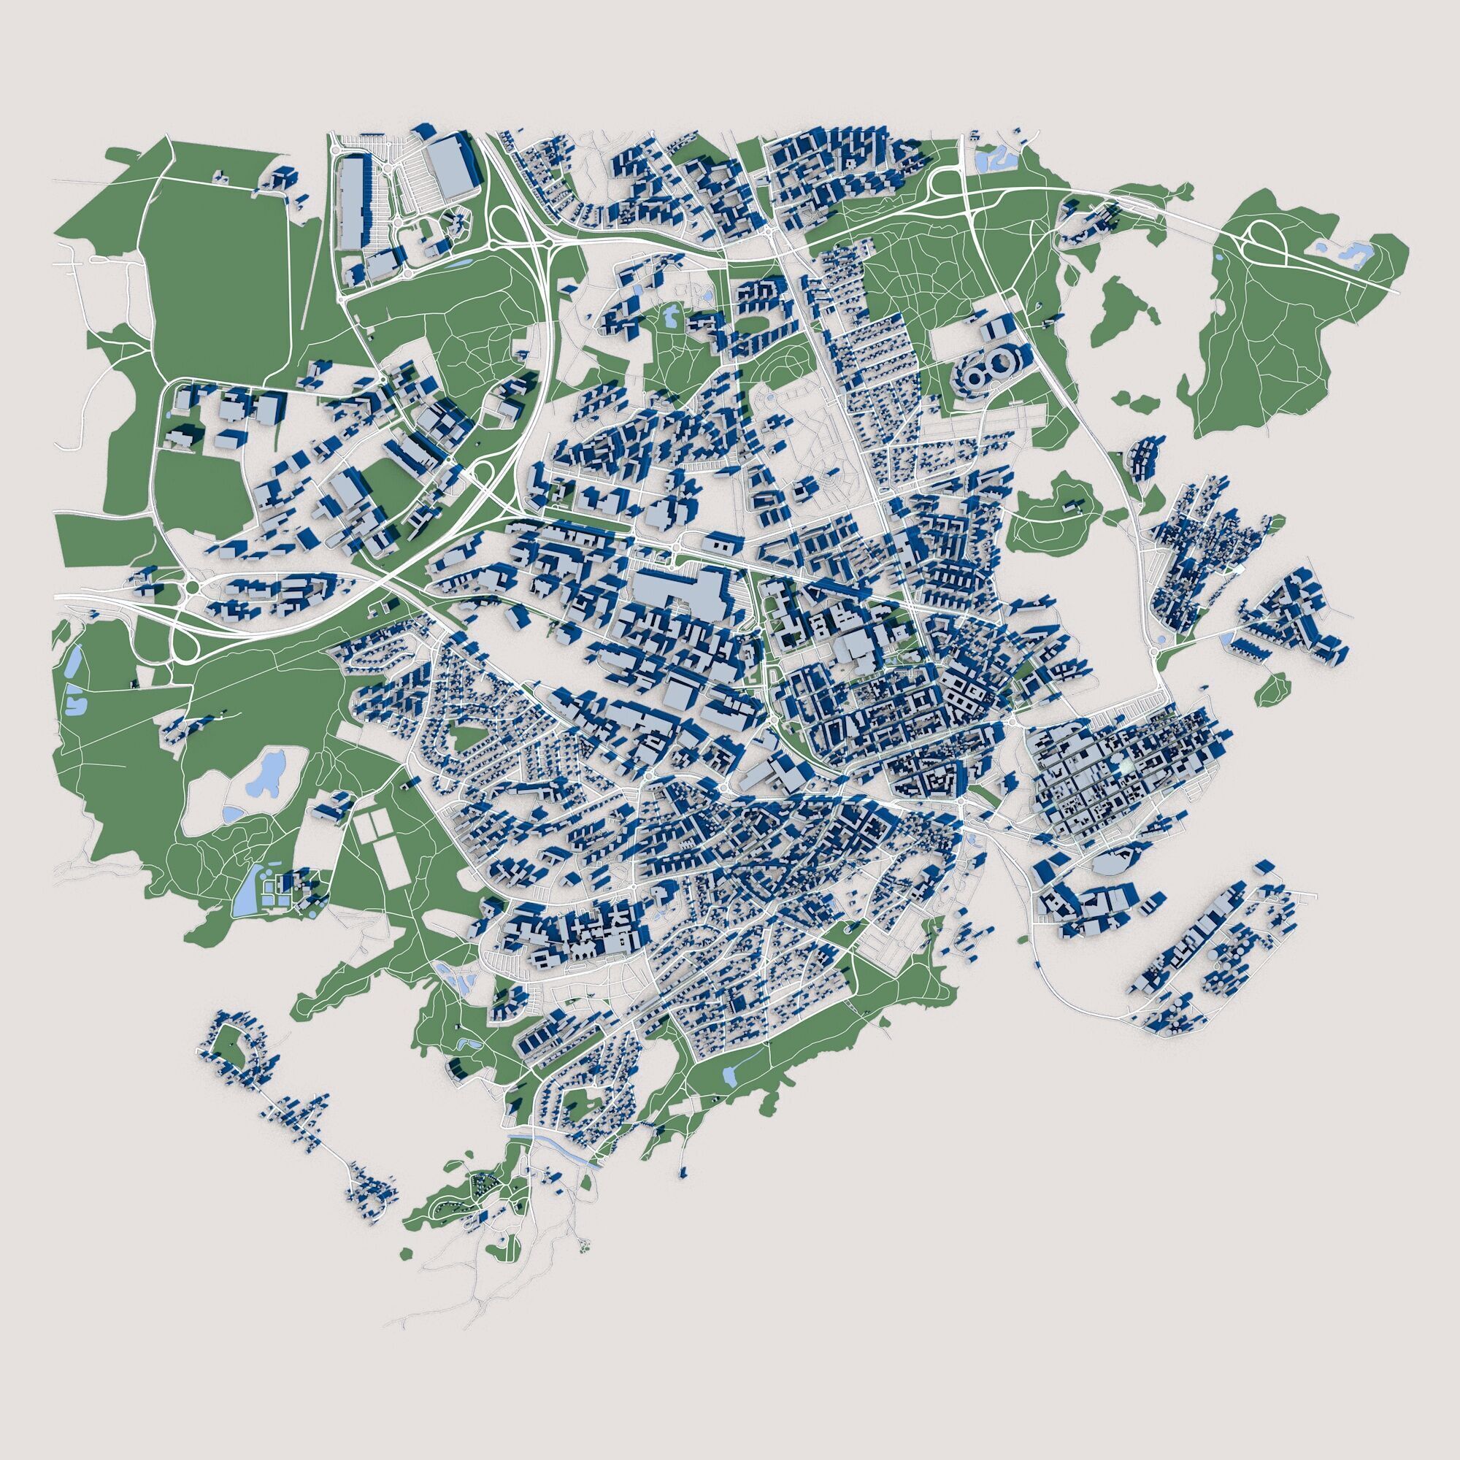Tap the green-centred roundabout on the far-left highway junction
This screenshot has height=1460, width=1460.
point(192,588)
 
